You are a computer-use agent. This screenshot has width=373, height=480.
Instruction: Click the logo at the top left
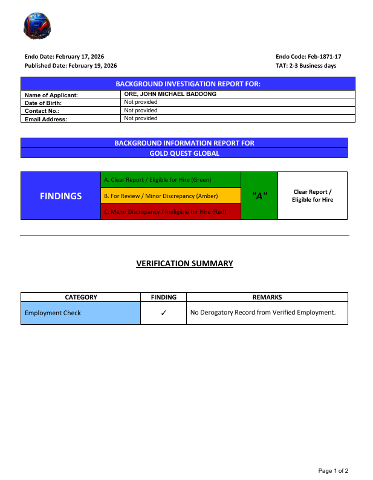tap(36, 26)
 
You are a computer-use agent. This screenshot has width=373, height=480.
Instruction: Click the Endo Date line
tap(65, 56)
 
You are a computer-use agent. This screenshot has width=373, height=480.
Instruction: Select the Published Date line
tap(71, 65)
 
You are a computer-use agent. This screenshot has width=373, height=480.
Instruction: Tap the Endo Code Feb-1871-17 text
tap(308, 56)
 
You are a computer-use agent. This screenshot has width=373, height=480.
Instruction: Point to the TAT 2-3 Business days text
tap(306, 65)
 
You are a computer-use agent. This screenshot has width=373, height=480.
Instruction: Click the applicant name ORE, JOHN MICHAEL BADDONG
tap(170, 94)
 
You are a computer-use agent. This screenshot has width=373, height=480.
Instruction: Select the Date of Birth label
tap(44, 103)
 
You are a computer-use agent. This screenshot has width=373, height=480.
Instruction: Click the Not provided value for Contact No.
tap(141, 110)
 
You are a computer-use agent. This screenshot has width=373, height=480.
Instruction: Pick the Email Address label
tap(46, 119)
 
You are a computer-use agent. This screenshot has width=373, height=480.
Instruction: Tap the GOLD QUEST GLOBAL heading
tap(184, 153)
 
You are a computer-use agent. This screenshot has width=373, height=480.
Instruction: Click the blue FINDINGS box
tap(60, 196)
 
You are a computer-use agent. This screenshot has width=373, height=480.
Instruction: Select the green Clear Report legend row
tap(170, 180)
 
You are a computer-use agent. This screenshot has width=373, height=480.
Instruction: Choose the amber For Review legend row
tap(170, 196)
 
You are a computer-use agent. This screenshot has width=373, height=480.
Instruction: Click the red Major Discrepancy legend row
tap(170, 211)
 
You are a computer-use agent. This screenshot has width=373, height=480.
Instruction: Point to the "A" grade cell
tap(259, 196)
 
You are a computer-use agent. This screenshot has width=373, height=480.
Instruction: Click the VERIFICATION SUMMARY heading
tap(184, 263)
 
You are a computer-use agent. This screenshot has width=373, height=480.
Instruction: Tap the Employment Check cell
tap(80, 313)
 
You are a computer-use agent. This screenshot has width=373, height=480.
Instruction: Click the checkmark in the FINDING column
tap(163, 313)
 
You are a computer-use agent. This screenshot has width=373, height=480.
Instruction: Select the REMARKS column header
tap(267, 297)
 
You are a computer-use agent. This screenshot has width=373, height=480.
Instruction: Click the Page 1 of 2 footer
tap(333, 470)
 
